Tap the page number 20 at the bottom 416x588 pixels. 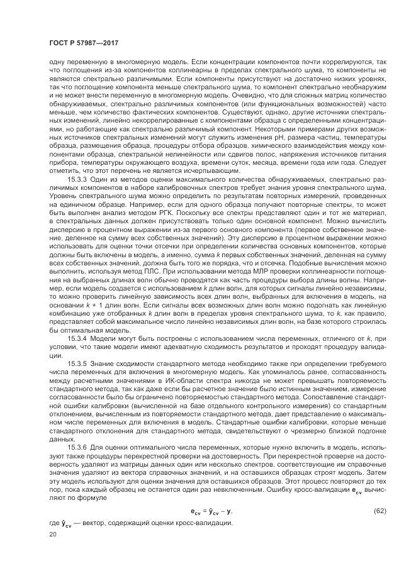point(52,535)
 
